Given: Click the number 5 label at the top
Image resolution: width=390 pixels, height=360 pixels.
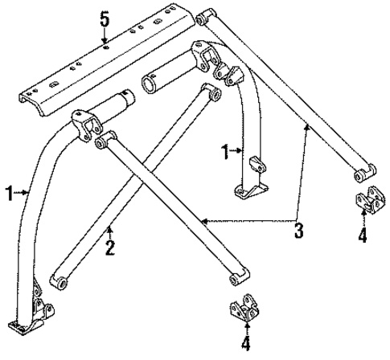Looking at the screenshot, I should pyautogui.click(x=104, y=17).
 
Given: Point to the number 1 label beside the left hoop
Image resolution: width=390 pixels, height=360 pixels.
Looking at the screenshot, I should pyautogui.click(x=9, y=192).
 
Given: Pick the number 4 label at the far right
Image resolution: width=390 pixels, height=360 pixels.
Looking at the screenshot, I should pyautogui.click(x=362, y=235).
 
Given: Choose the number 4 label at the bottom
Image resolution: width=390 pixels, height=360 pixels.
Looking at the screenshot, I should pyautogui.click(x=246, y=346).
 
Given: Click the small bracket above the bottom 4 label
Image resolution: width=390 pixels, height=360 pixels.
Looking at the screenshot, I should pyautogui.click(x=244, y=311).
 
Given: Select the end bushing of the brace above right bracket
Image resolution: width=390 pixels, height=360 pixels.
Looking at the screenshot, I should pyautogui.click(x=363, y=172).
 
